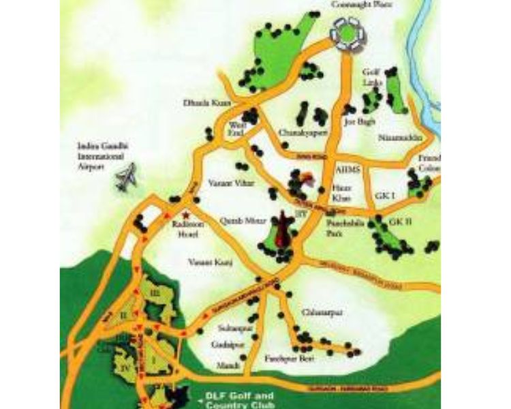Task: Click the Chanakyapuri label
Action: (x=294, y=133)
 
